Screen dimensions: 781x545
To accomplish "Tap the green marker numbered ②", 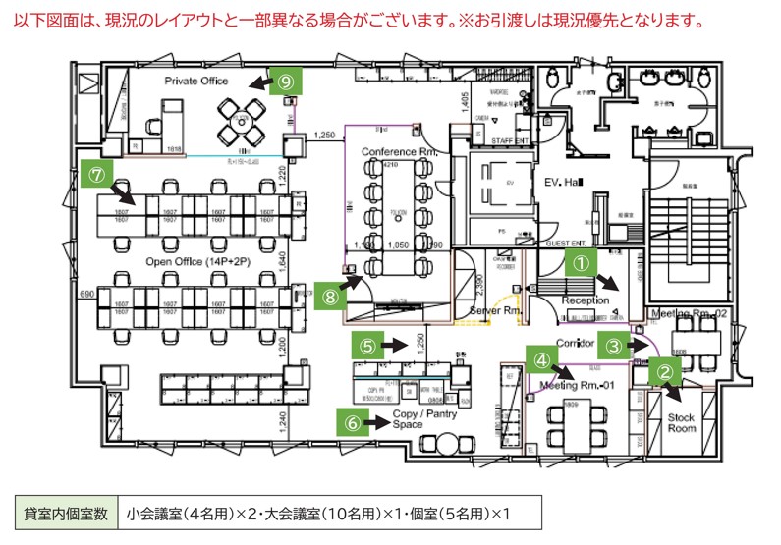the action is (x=665, y=372).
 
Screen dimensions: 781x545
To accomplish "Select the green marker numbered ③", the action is (x=612, y=345).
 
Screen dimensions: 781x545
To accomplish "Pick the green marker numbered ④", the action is (x=540, y=359).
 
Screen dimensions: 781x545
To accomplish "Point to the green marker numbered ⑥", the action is (x=351, y=422).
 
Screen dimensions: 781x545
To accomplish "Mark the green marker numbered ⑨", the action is (x=285, y=82).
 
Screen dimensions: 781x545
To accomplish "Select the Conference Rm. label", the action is (x=399, y=152).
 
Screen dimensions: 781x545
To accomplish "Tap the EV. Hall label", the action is (x=565, y=184).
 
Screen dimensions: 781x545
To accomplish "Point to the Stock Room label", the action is (x=681, y=423).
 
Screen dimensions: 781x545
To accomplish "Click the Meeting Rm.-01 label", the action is (x=579, y=386).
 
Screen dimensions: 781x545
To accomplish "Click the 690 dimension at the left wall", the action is (x=85, y=294).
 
